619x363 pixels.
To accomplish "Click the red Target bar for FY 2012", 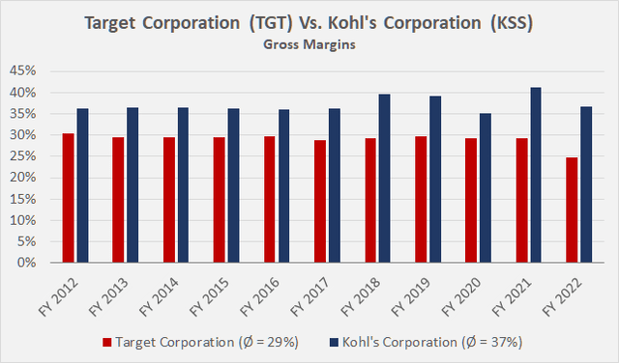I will [x=68, y=198].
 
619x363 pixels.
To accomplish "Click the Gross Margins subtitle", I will [x=310, y=42].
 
